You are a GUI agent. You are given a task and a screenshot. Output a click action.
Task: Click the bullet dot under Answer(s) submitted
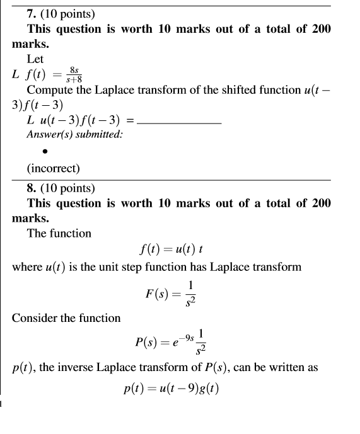[45, 151]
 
